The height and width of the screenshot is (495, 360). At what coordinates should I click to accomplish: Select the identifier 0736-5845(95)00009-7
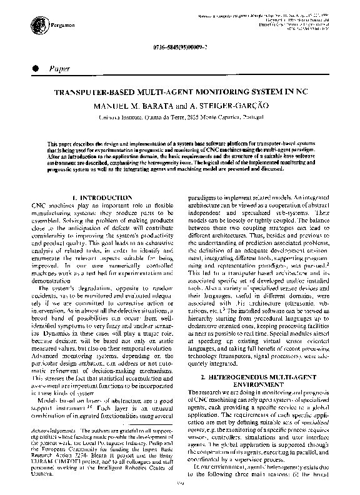pos(181,48)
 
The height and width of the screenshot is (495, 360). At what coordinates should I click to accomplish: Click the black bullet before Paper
pos(29,67)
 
